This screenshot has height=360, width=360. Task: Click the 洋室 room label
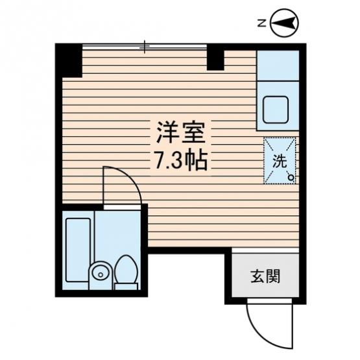pyautogui.click(x=181, y=134)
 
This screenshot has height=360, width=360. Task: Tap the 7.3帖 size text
pyautogui.click(x=182, y=161)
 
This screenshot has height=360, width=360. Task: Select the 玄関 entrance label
pyautogui.click(x=265, y=276)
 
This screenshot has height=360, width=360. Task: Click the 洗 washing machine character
pyautogui.click(x=280, y=162)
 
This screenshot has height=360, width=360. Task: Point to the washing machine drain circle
pyautogui.click(x=291, y=178)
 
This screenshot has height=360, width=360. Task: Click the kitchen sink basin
pyautogui.click(x=275, y=110)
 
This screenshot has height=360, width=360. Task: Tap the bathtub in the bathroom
pyautogui.click(x=78, y=250)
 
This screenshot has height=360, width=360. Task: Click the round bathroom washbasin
pyautogui.click(x=101, y=273)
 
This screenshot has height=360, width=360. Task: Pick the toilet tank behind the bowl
pyautogui.click(x=126, y=286)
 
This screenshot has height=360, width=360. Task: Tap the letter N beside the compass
pyautogui.click(x=261, y=23)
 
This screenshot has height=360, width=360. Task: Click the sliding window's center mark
pyautogui.click(x=145, y=47)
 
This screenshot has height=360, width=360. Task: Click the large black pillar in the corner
pyautogui.click(x=69, y=60)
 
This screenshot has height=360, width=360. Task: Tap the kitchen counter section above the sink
pyautogui.click(x=278, y=66)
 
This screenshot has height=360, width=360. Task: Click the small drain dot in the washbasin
pyautogui.click(x=100, y=274)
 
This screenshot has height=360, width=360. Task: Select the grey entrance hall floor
pyautogui.click(x=265, y=275)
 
